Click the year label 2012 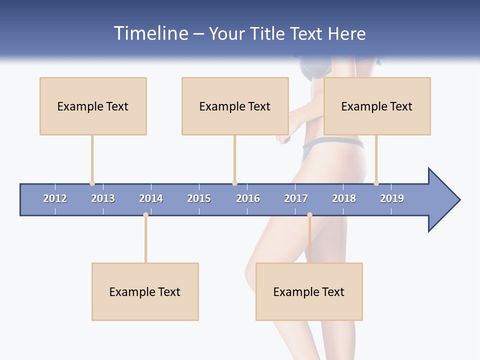pyautogui.click(x=55, y=198)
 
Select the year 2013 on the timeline pyautogui.click(x=103, y=198)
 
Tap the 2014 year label pyautogui.click(x=151, y=198)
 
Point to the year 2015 pyautogui.click(x=199, y=198)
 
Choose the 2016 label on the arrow pyautogui.click(x=248, y=198)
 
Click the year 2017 pyautogui.click(x=296, y=198)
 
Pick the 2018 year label pyautogui.click(x=344, y=198)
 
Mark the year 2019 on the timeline pyautogui.click(x=392, y=198)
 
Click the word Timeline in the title pyautogui.click(x=150, y=33)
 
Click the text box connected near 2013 pyautogui.click(x=93, y=106)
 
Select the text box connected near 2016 pyautogui.click(x=235, y=106)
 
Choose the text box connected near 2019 pyautogui.click(x=377, y=106)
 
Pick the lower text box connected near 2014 pyautogui.click(x=145, y=291)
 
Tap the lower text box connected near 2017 pyautogui.click(x=309, y=291)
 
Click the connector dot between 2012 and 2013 pyautogui.click(x=92, y=183)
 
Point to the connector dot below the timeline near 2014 pyautogui.click(x=145, y=214)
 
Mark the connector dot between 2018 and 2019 pyautogui.click(x=376, y=183)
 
